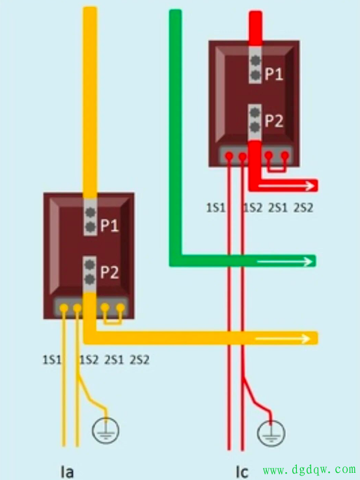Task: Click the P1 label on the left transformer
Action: pos(109,226)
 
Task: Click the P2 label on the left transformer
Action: pos(109,272)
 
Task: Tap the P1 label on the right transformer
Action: pos(274,73)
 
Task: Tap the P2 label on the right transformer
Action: pos(274,120)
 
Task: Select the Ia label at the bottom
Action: pos(67,472)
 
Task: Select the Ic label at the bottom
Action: pos(242,472)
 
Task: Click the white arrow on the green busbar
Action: pos(284,261)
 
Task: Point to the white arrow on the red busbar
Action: pos(286,185)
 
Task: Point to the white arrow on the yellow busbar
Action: pos(283,339)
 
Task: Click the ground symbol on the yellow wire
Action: pos(105,430)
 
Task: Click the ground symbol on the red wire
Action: pos(271,433)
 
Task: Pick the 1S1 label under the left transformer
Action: pos(52,360)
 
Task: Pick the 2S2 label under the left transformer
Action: pos(140,360)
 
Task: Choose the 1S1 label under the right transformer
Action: pos(215,208)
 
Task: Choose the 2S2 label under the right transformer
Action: pos(303,208)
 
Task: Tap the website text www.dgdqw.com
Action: pos(309,470)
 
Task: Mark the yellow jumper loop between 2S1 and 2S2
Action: pos(113,323)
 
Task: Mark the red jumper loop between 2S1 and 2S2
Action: pos(277,170)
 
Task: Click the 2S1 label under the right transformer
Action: pos(278,208)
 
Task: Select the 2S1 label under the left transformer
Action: pos(115,360)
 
